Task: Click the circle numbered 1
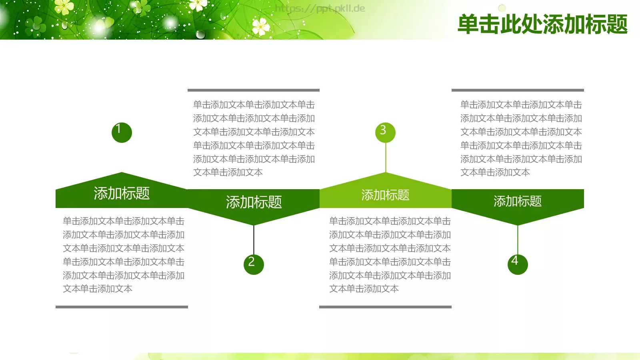(x=122, y=132)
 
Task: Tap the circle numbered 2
(x=254, y=264)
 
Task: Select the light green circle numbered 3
(x=385, y=132)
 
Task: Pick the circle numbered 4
(x=518, y=264)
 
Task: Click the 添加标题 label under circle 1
(x=122, y=194)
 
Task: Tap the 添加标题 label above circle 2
(x=254, y=202)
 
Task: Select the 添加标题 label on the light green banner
(x=385, y=195)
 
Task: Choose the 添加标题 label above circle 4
(x=518, y=201)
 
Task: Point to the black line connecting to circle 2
(x=254, y=240)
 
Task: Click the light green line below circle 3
(x=386, y=158)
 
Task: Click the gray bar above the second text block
(x=254, y=90)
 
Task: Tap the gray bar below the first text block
(x=122, y=307)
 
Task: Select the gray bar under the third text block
(x=385, y=307)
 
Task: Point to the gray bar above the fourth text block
(x=518, y=90)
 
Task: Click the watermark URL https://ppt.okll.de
(x=320, y=8)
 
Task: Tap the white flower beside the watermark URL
(x=261, y=27)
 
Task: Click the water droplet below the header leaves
(x=200, y=34)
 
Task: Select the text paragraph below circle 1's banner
(x=123, y=255)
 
